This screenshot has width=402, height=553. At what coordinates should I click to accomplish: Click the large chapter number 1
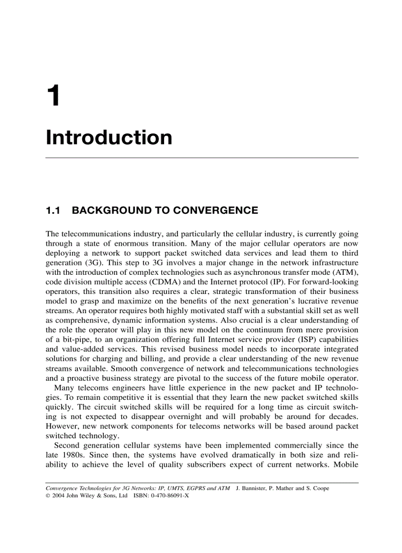pos(53,96)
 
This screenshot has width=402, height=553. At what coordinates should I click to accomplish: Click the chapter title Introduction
pos(109,137)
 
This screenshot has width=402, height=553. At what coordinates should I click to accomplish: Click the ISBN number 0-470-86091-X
pos(167,496)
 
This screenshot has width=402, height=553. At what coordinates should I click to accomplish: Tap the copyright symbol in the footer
pos(48,496)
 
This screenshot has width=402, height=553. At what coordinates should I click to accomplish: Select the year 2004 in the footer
pos(59,496)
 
